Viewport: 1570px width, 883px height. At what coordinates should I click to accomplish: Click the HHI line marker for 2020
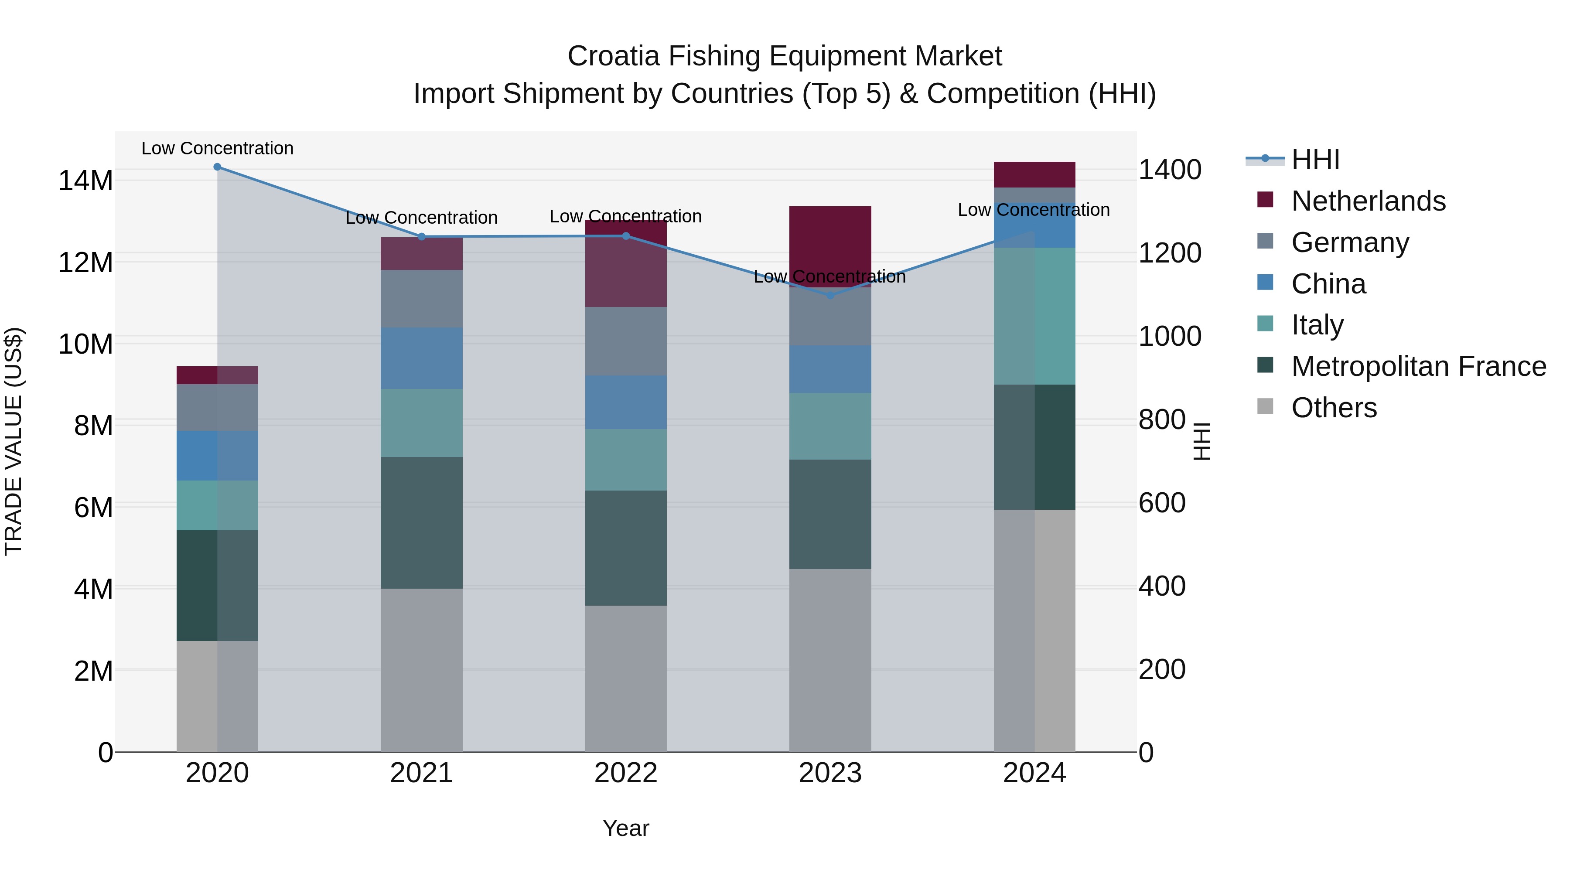click(x=217, y=167)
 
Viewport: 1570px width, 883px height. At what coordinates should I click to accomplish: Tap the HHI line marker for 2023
click(x=829, y=295)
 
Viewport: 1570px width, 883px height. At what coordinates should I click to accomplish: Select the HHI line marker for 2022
click(x=626, y=236)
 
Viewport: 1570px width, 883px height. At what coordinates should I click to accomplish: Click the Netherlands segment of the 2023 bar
click(x=829, y=241)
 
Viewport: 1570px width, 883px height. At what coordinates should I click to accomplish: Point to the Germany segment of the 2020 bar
click(x=217, y=407)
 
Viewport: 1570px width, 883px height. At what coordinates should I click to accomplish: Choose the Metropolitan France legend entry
click(x=1418, y=366)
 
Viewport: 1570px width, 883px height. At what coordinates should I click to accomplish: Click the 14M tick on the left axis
click(x=85, y=181)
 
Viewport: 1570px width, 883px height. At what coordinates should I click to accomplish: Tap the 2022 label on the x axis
click(x=626, y=773)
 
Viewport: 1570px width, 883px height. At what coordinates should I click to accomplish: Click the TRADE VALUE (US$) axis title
click(x=14, y=441)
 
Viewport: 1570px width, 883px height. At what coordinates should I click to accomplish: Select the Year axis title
click(x=626, y=828)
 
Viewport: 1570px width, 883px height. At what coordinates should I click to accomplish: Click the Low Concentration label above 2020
click(x=217, y=148)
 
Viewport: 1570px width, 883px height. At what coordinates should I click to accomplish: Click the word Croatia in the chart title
click(x=613, y=56)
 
